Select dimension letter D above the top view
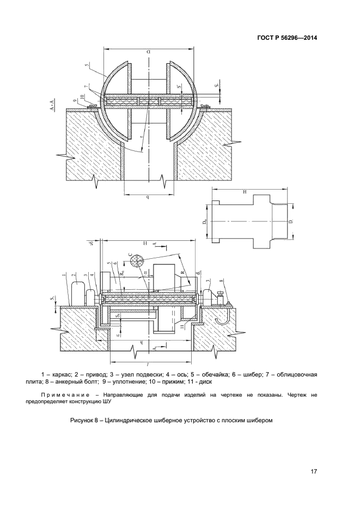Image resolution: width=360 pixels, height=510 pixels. [x=148, y=53]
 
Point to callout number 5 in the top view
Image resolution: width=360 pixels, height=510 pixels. [x=87, y=66]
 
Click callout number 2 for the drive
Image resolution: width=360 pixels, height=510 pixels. [x=74, y=276]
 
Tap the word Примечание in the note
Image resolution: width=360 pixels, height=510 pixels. [x=63, y=393]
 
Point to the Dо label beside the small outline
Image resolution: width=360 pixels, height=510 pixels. [x=205, y=223]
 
